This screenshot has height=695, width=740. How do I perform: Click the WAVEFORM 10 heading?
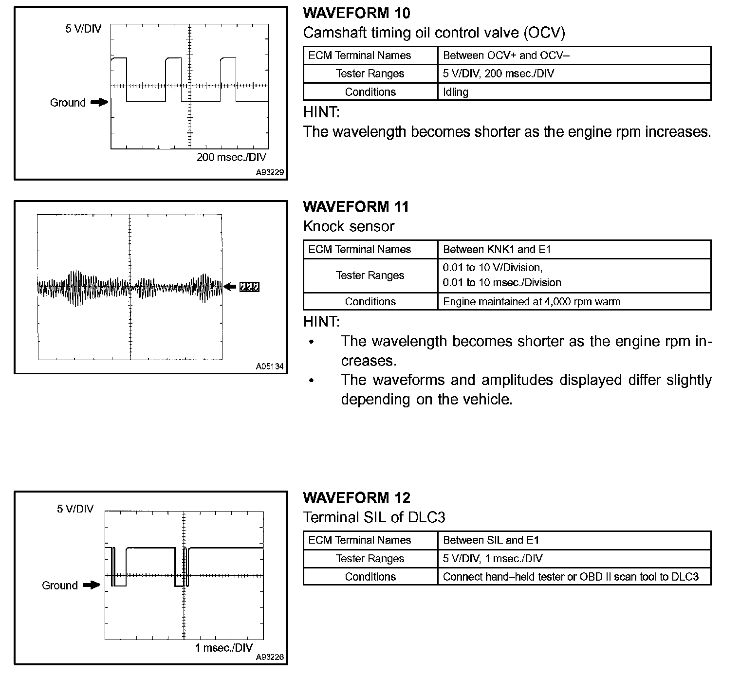click(x=356, y=13)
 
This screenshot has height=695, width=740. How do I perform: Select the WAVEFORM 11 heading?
click(x=356, y=207)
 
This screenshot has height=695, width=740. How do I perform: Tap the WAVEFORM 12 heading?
click(x=356, y=498)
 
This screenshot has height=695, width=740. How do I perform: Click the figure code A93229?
click(x=270, y=172)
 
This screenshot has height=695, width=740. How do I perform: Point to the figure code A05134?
click(x=270, y=366)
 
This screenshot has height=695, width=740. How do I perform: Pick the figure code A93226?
click(x=270, y=657)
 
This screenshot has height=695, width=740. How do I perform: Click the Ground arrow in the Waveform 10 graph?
click(x=99, y=102)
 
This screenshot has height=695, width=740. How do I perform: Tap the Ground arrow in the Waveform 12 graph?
click(x=91, y=585)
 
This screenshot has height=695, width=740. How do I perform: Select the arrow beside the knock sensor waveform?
click(x=230, y=287)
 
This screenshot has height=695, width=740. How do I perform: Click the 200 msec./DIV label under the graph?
click(x=231, y=157)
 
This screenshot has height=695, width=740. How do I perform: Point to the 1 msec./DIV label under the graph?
click(x=224, y=648)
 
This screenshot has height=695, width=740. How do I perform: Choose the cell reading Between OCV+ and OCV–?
click(x=506, y=55)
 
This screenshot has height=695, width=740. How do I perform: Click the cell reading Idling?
click(x=456, y=92)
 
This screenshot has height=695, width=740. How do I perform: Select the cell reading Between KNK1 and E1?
click(x=497, y=250)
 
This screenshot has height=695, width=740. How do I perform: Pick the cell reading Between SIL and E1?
click(x=491, y=540)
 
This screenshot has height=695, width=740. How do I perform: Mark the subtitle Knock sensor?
click(x=349, y=226)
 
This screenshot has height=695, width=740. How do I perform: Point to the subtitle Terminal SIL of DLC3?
click(x=374, y=517)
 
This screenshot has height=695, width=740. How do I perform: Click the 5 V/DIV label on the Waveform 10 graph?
click(x=83, y=29)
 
